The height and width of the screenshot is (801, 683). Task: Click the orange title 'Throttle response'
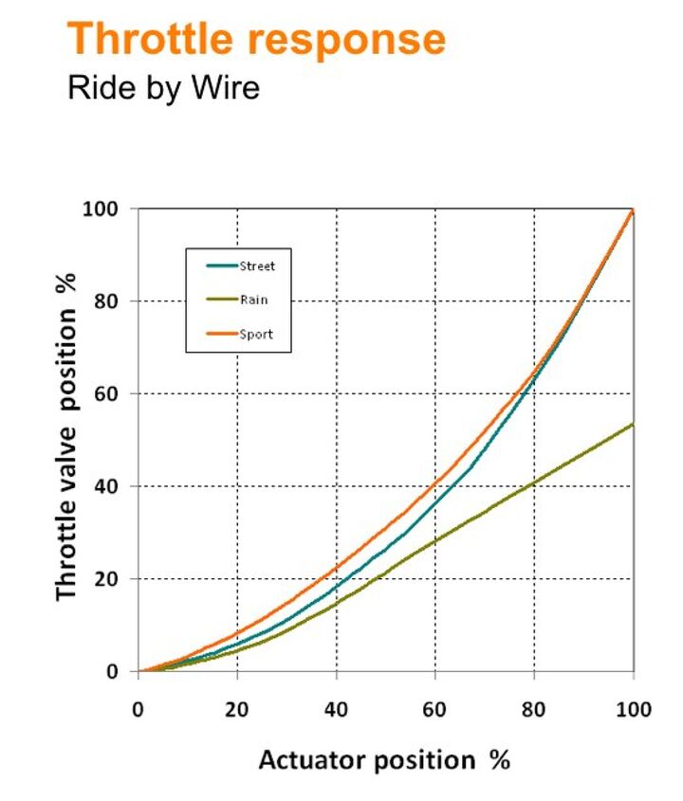[257, 40]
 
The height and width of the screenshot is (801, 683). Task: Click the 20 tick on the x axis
[237, 710]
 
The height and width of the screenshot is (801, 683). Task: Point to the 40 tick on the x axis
[337, 710]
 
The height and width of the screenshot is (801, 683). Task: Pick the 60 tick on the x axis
[435, 710]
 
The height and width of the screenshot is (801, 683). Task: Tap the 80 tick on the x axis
[535, 710]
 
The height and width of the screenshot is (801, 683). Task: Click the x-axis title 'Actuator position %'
[384, 759]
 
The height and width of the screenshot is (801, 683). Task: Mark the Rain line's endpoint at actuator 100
[633, 424]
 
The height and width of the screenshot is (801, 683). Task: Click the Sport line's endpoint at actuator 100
[633, 209]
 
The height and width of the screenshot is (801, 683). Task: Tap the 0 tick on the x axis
[138, 710]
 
